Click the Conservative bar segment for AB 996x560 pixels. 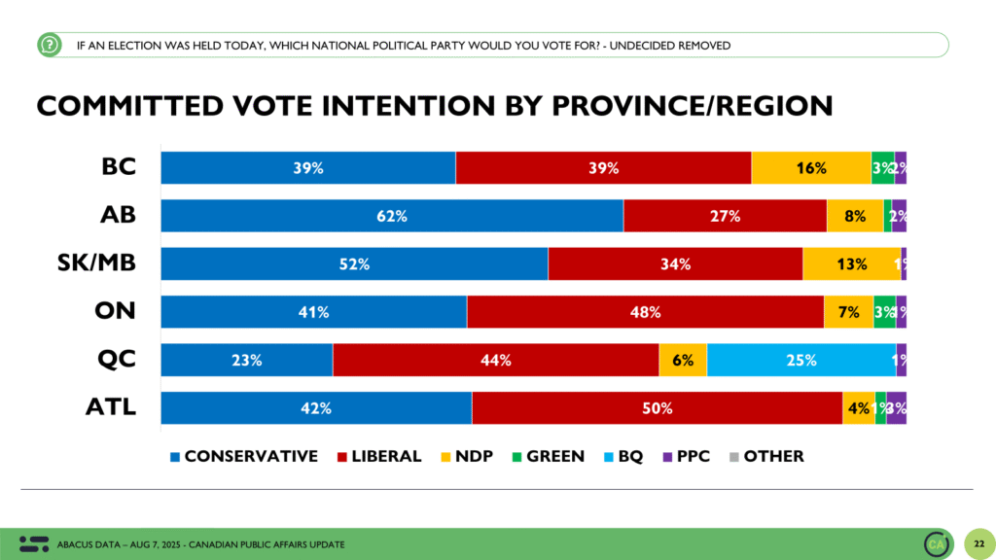coord(391,216)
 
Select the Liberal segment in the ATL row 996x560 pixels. coord(657,408)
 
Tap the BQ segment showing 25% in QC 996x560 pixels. coord(801,360)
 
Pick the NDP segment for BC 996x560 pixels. coord(810,168)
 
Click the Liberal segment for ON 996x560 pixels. coord(645,312)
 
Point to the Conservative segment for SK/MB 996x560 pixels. coord(354,263)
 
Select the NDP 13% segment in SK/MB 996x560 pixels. coord(851,263)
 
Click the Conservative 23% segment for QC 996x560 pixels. coord(247,360)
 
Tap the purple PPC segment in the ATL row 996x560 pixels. coord(896,408)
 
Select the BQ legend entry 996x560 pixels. coord(622,456)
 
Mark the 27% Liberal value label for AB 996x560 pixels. coord(724,216)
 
